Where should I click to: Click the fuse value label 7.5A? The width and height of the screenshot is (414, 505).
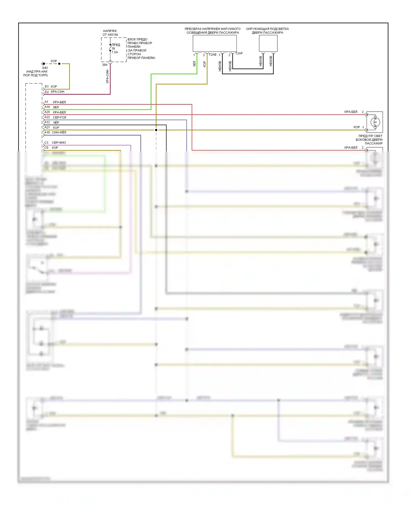pos(115,52)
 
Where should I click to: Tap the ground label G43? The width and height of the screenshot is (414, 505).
pos(45,68)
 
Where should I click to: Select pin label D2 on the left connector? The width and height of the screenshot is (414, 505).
pos(47,92)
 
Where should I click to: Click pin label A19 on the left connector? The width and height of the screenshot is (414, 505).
pos(47,107)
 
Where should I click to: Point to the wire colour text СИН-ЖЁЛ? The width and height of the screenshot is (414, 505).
pos(59,132)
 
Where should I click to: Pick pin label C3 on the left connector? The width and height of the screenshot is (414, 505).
pos(46,143)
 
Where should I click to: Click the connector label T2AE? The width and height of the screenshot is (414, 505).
pos(213,55)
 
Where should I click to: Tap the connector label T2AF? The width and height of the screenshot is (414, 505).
pos(239,53)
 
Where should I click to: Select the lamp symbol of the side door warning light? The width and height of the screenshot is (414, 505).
pos(375,122)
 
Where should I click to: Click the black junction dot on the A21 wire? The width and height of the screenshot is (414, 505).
pos(156,130)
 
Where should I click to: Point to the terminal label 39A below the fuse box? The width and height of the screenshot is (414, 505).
pos(105,65)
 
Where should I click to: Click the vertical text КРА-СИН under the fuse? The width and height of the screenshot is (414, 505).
pos(107,77)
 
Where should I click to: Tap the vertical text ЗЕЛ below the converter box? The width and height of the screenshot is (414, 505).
pos(194,64)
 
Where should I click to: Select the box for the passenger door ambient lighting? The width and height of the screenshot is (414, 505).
pos(268,43)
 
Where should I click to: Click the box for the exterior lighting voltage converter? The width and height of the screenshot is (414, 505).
pos(214,43)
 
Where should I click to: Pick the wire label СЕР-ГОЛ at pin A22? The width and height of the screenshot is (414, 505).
pos(60,117)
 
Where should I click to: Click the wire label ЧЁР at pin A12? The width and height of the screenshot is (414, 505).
pos(56,122)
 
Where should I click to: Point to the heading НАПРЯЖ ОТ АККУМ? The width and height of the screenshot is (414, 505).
pos(110,33)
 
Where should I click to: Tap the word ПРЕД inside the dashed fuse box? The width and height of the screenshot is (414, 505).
pos(116,45)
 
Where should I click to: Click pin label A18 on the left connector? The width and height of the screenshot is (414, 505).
pos(47,132)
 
